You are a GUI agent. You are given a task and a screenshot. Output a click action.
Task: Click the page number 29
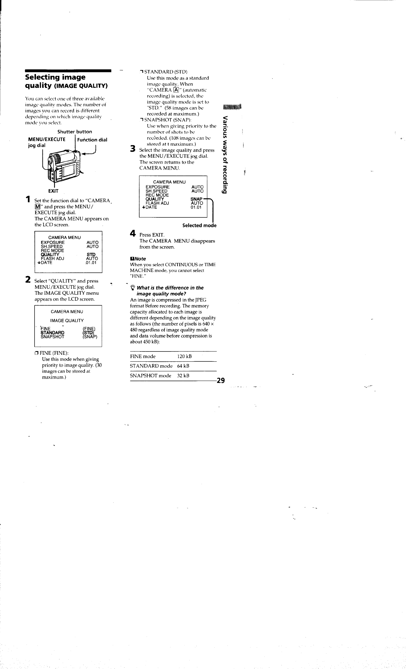pyautogui.click(x=221, y=381)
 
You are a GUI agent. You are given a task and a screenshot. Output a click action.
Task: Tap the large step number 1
pyautogui.click(x=29, y=199)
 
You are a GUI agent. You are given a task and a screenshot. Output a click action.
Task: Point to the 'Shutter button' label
pyautogui.click(x=75, y=132)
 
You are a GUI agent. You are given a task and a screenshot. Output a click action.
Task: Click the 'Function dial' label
pyautogui.click(x=92, y=140)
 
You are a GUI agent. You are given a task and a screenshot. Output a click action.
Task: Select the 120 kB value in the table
pyautogui.click(x=185, y=356)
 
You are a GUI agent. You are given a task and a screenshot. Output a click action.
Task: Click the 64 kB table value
pyautogui.click(x=183, y=366)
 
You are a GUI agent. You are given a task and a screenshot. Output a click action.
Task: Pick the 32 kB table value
pyautogui.click(x=183, y=376)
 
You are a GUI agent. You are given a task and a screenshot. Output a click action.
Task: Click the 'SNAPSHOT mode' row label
pyautogui.click(x=151, y=376)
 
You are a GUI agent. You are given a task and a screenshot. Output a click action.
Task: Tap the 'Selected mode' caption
pyautogui.click(x=199, y=225)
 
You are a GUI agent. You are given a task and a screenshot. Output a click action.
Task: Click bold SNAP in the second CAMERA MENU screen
pyautogui.click(x=196, y=199)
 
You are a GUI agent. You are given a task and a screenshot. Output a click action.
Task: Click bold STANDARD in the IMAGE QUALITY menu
pyautogui.click(x=52, y=333)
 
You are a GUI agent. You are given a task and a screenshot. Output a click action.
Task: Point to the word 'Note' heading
pyautogui.click(x=140, y=259)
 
